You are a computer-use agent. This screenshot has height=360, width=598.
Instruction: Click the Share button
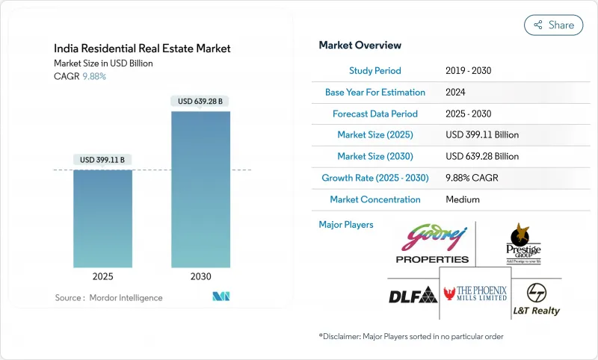[553, 25]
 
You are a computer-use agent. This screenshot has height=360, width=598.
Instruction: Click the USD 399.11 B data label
[102, 160]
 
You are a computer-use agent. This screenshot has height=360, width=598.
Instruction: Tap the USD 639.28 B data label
[200, 101]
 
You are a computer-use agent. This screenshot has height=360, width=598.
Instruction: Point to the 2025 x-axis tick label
[102, 276]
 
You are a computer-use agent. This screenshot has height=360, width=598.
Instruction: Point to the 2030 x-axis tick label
[200, 276]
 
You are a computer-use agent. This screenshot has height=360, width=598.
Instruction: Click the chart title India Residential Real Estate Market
[142, 49]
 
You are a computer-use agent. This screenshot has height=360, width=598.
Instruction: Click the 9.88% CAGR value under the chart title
[93, 76]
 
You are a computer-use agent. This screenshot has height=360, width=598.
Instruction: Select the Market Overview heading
[360, 46]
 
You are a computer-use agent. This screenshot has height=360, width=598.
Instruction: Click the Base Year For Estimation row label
[375, 93]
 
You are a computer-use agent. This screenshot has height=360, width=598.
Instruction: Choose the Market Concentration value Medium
[462, 199]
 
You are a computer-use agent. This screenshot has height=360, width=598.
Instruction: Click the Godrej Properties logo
[433, 243]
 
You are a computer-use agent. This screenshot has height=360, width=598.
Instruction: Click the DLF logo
[412, 295]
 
